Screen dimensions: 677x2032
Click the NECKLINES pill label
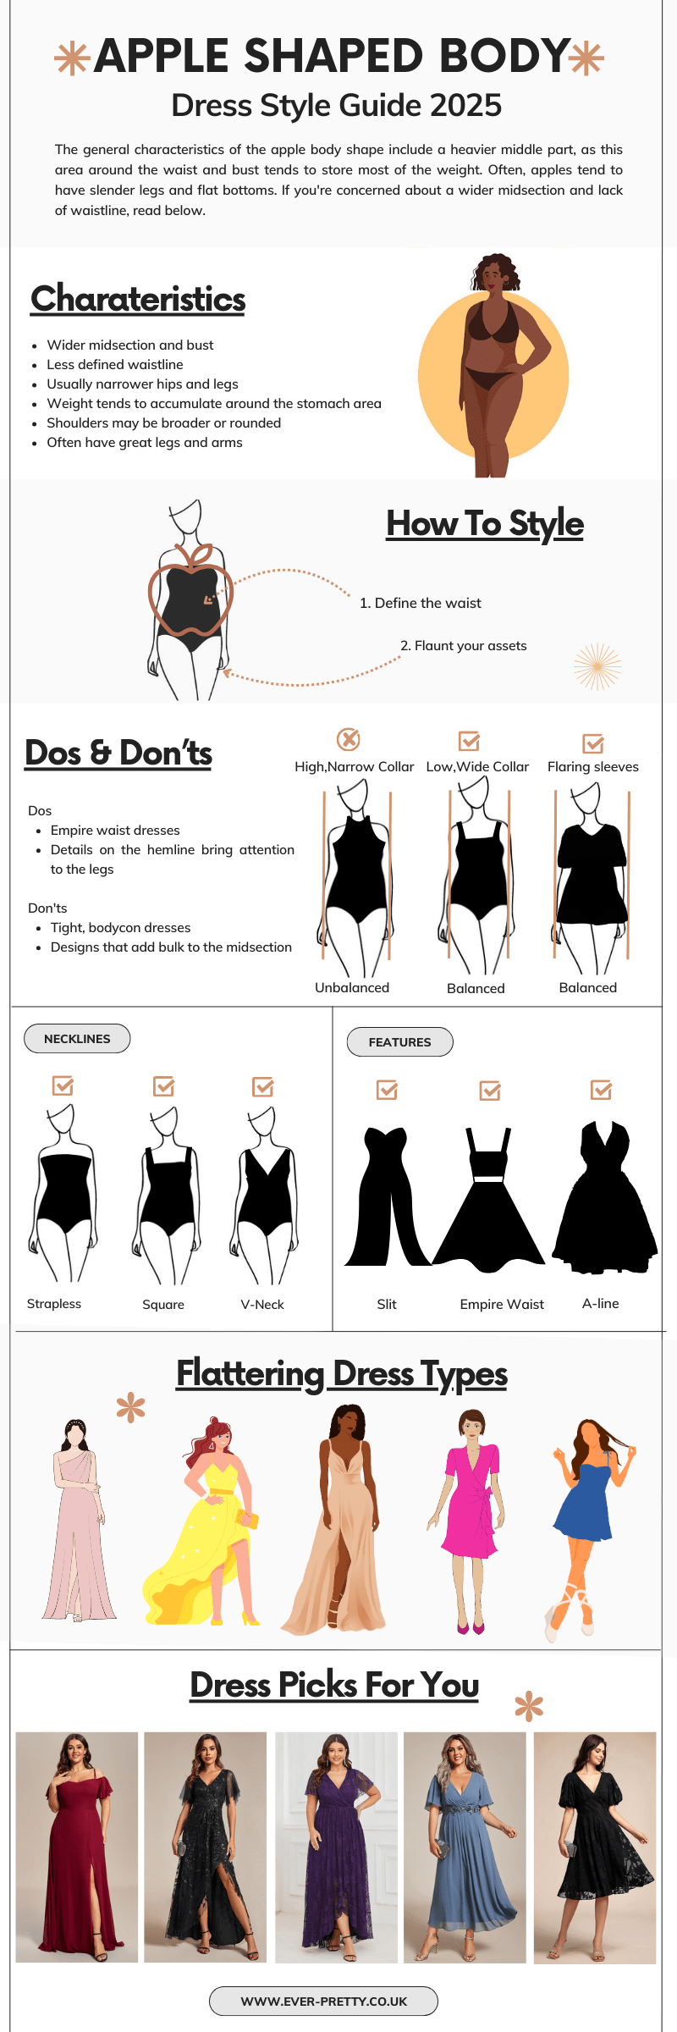(x=77, y=1039)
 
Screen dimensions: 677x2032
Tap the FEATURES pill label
(x=399, y=1042)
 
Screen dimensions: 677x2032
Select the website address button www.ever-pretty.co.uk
(x=323, y=2001)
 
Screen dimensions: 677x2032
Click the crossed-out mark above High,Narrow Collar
(x=349, y=739)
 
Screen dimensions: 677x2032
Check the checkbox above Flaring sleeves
(x=593, y=743)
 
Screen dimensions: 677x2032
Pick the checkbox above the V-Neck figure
(x=263, y=1086)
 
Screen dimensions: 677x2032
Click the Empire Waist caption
(x=502, y=1304)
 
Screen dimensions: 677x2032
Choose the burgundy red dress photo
(x=77, y=1847)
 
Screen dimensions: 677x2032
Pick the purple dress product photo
(x=337, y=1847)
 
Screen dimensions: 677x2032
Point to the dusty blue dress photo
(x=465, y=1847)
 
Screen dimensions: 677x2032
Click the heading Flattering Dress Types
(x=342, y=1373)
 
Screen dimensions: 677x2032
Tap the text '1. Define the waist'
(x=420, y=603)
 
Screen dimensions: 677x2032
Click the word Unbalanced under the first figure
(x=352, y=987)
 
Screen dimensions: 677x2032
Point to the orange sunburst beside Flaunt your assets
(x=597, y=666)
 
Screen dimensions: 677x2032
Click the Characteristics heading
(x=138, y=299)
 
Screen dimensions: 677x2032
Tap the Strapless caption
(x=54, y=1304)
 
